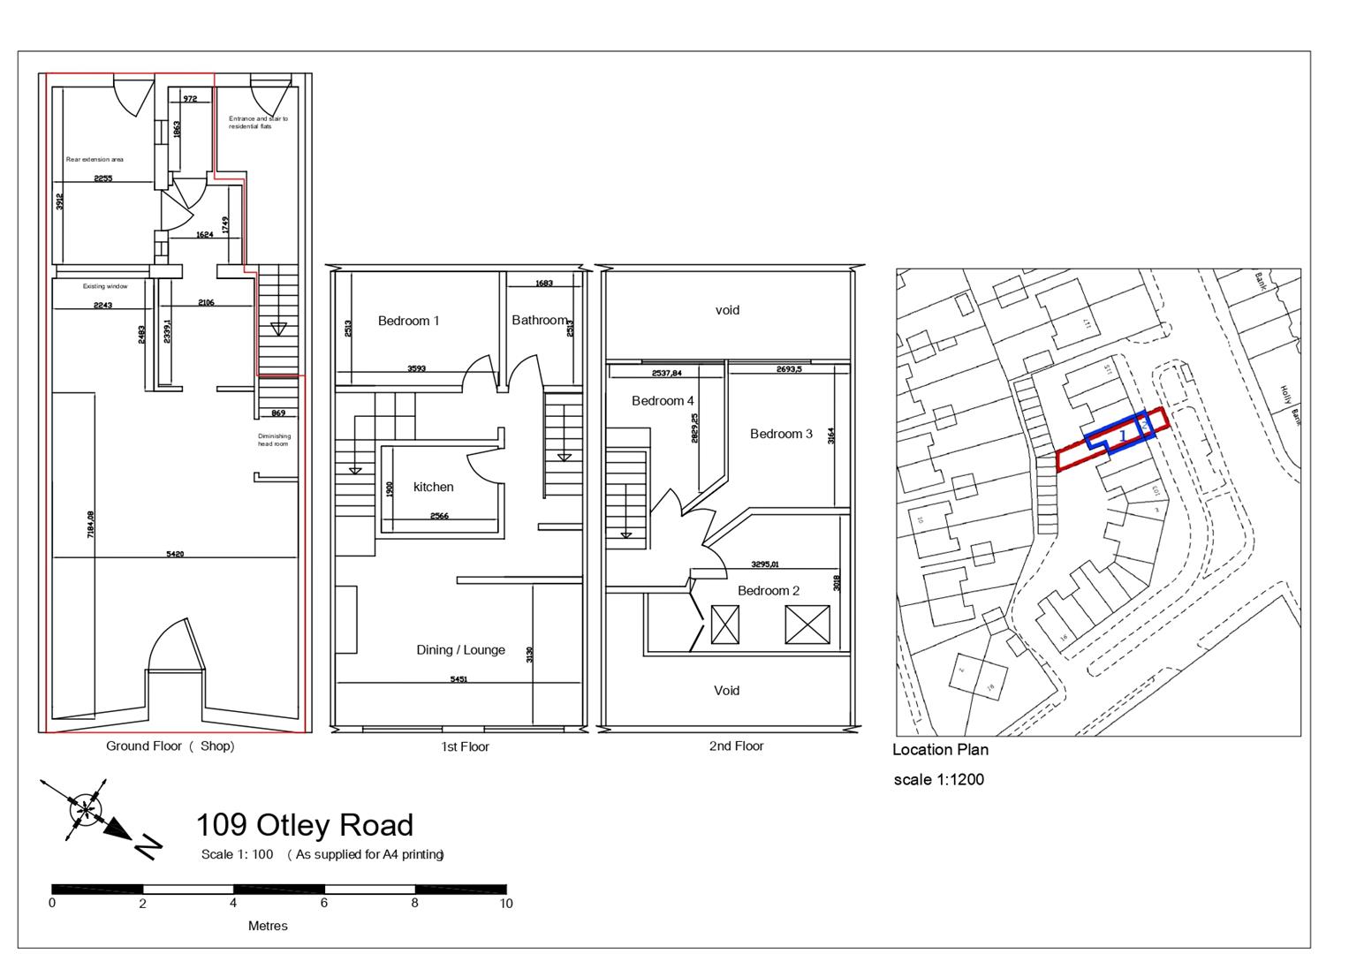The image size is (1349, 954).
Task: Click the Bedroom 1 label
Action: click(408, 321)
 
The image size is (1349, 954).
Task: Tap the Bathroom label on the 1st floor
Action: click(539, 320)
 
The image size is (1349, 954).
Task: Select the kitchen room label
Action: click(433, 487)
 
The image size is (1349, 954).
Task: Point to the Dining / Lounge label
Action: click(460, 649)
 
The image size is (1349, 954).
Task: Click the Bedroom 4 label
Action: click(663, 401)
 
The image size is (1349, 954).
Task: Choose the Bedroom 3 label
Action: click(781, 434)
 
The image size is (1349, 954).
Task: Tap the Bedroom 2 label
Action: click(769, 590)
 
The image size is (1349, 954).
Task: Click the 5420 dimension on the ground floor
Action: click(175, 554)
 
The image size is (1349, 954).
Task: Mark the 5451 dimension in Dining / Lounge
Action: click(459, 679)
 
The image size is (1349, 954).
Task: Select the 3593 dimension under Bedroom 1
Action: click(416, 368)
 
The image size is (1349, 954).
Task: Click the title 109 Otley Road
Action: click(304, 825)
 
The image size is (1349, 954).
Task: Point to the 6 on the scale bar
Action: click(324, 903)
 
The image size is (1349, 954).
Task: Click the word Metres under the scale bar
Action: click(268, 926)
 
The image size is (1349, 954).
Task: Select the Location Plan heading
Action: click(940, 750)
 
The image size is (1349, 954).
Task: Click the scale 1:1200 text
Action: click(938, 779)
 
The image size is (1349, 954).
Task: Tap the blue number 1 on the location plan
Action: click(1122, 435)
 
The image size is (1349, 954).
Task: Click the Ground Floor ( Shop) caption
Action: click(171, 746)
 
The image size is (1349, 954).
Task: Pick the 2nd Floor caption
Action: click(736, 746)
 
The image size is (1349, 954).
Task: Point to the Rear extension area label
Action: click(95, 160)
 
